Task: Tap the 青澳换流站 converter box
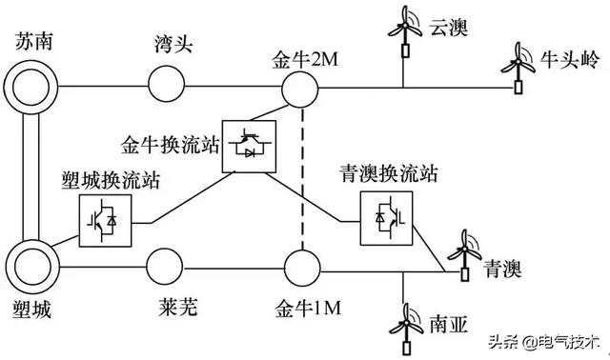tap(386, 217)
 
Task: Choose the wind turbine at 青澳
tap(464, 255)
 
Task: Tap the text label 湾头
tap(174, 44)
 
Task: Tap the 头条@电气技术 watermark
tap(544, 341)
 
